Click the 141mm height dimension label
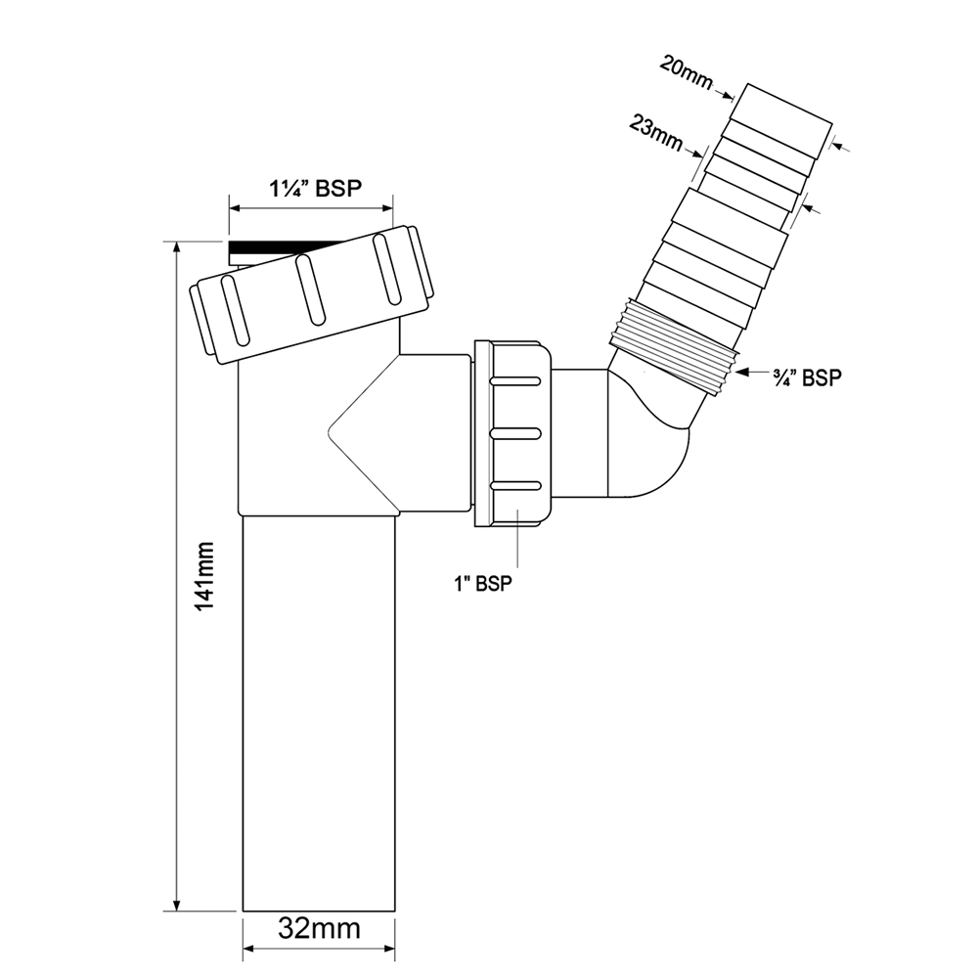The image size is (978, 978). coord(205,576)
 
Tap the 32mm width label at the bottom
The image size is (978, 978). coord(319,929)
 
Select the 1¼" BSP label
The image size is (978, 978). coord(316,188)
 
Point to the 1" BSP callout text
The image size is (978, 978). coord(483,583)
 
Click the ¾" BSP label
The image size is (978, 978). coord(807,378)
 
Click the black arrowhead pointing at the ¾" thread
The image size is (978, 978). coord(743,373)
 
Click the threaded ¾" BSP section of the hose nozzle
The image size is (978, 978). coord(674,345)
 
